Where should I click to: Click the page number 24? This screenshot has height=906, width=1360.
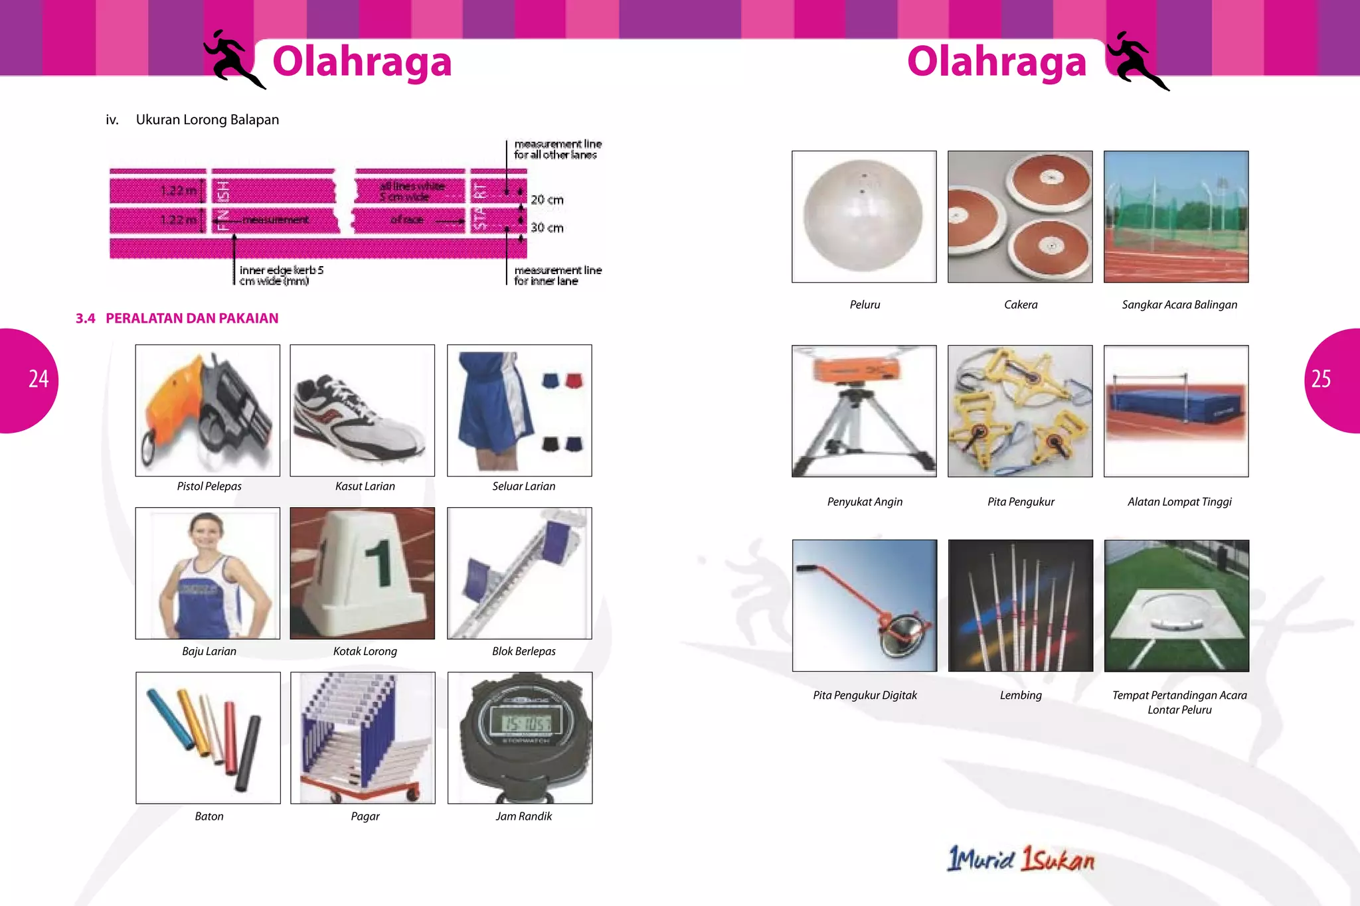39,379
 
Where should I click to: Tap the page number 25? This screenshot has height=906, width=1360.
1321,379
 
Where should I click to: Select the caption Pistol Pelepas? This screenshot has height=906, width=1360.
209,487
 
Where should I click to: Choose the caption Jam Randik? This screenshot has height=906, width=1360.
523,816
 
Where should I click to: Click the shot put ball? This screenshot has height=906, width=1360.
863,216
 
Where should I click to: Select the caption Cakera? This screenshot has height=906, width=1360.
1021,305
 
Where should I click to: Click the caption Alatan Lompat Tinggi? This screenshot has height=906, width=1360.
1179,502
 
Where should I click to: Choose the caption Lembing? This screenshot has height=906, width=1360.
1021,696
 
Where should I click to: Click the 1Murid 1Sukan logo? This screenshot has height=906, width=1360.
1021,859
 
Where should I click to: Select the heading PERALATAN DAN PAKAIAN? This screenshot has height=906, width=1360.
192,319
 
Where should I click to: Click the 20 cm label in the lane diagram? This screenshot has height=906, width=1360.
547,200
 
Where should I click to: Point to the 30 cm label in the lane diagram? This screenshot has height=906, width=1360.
547,228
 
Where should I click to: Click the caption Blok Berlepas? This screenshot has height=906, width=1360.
523,652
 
